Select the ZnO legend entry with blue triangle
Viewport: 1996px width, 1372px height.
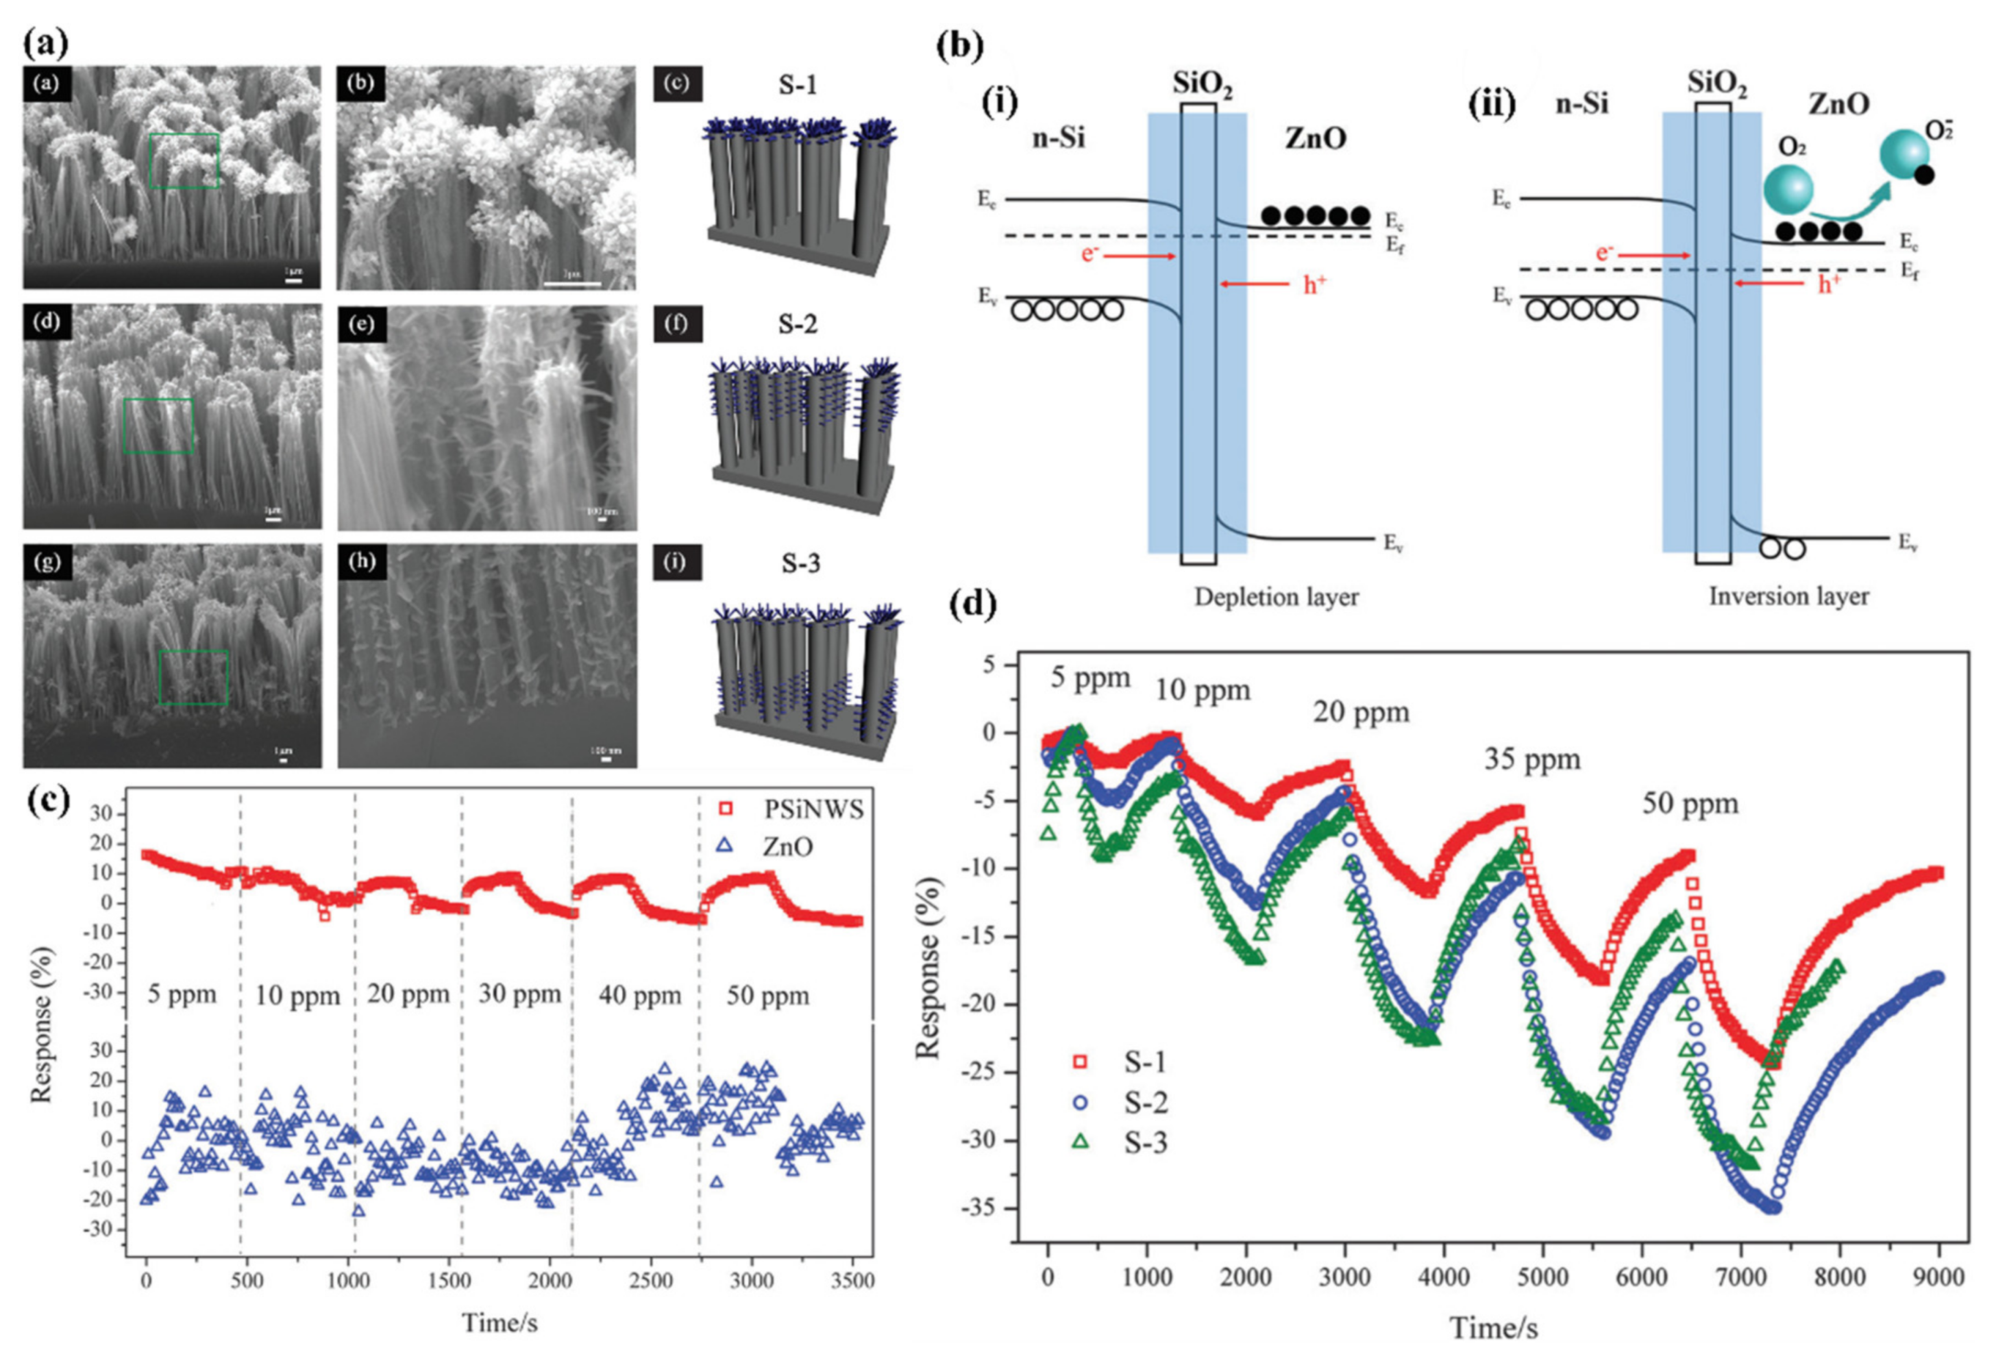click(x=786, y=847)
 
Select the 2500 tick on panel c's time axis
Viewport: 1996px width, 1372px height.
click(x=650, y=1280)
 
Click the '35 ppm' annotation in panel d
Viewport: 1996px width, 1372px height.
click(x=1532, y=760)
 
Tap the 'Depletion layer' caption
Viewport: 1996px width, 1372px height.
click(x=1276, y=597)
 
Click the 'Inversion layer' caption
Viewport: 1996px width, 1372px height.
click(x=1788, y=597)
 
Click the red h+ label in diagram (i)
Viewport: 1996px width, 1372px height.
click(x=1314, y=285)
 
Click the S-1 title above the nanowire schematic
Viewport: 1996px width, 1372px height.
click(x=798, y=85)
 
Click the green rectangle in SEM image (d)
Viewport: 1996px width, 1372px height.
click(x=158, y=426)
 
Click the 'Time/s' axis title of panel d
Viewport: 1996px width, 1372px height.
click(x=1493, y=1328)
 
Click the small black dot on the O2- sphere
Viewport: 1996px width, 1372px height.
click(x=1925, y=175)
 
